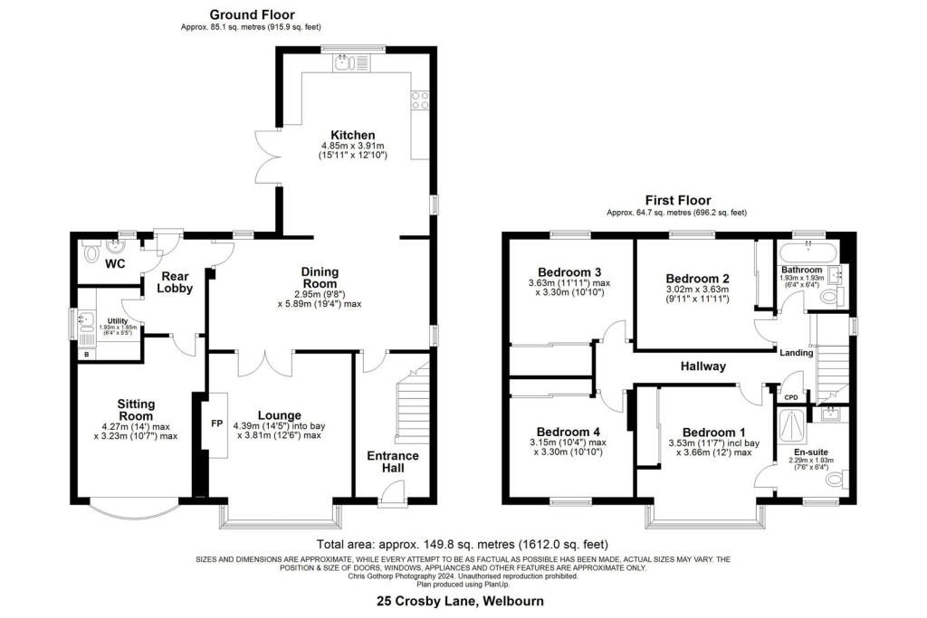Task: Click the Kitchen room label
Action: (352, 135)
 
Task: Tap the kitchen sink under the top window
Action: (351, 62)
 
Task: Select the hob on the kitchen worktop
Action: (420, 100)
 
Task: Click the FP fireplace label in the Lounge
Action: (217, 423)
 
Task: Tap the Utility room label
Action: (118, 321)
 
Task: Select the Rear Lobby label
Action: (175, 281)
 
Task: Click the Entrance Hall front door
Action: (390, 495)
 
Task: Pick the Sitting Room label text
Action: (136, 410)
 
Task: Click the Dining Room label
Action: (320, 277)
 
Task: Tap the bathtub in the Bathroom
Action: (807, 252)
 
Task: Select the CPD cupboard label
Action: (790, 397)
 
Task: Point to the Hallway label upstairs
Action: (702, 366)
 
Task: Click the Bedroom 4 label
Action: (568, 432)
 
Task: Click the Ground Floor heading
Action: (252, 14)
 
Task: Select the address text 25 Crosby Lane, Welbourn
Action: (461, 602)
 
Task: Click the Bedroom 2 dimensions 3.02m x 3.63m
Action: (698, 290)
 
